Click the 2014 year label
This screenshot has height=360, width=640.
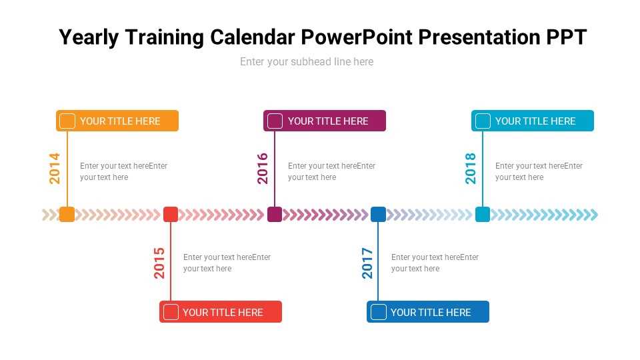[55, 169]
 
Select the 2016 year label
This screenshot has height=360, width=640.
[263, 169]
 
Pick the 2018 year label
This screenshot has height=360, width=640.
[471, 169]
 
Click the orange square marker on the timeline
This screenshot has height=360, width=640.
[67, 214]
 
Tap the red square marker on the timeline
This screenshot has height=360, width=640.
[171, 214]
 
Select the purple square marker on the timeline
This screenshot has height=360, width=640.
[275, 214]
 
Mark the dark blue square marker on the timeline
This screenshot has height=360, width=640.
[378, 214]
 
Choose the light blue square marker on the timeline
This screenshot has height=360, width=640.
[483, 214]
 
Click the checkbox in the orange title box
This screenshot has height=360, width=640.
[67, 121]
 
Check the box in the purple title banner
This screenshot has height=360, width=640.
[275, 121]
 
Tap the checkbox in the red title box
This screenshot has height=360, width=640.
[171, 312]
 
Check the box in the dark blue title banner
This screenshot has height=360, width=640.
[379, 312]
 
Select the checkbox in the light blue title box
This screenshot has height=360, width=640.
[483, 121]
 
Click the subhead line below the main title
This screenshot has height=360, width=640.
[307, 62]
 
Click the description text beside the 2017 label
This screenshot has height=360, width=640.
[435, 263]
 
